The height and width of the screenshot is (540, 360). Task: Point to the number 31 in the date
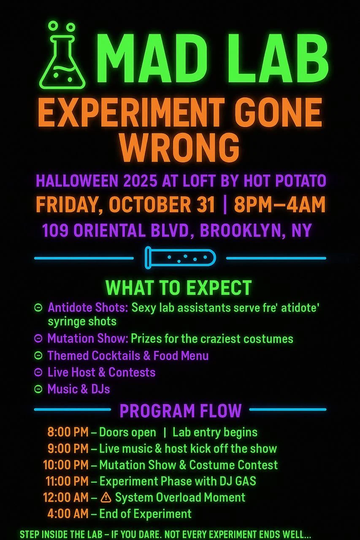205,205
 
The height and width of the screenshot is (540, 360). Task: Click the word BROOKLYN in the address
238,231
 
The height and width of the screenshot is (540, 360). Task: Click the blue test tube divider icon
180,257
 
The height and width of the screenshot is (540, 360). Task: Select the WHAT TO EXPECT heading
179,288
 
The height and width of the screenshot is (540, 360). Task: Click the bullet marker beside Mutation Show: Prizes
38,338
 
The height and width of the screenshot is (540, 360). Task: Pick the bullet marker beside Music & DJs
38,389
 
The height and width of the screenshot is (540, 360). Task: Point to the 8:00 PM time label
68,432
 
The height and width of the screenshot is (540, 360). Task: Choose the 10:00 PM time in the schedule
66,465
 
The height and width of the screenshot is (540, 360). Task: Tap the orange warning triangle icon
106,497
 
